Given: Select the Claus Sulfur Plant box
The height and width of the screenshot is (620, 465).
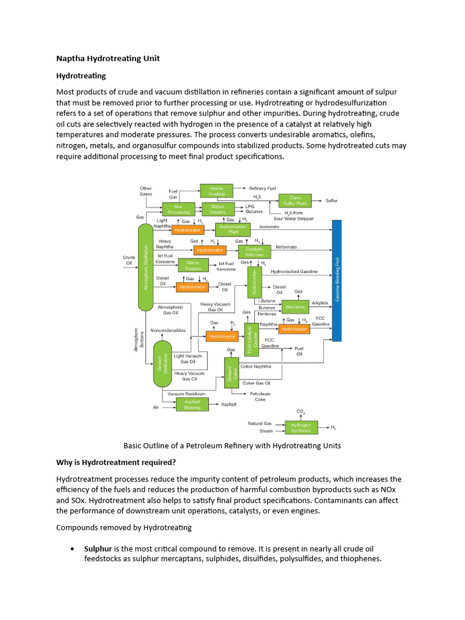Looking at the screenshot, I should [x=295, y=200].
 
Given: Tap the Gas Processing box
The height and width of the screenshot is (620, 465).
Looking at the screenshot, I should [x=178, y=209].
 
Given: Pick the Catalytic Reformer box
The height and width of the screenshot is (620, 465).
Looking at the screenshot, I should [x=254, y=249].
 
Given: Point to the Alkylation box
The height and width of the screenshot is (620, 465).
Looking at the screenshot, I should [x=295, y=307].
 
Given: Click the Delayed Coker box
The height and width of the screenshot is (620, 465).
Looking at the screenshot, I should [x=231, y=373].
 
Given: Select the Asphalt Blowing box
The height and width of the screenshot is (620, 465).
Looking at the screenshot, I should [x=192, y=404].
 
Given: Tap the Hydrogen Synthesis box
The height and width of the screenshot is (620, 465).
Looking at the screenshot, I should [x=301, y=427].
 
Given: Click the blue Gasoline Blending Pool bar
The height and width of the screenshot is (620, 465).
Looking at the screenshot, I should [x=337, y=281].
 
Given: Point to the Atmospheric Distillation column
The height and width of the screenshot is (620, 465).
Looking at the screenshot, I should [x=145, y=267].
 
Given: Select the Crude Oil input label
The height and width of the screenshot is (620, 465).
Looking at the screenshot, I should [x=129, y=260].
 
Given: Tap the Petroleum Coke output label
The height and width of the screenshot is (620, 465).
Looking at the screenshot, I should [x=260, y=397].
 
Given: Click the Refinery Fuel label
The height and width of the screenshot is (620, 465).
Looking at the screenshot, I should [x=262, y=188].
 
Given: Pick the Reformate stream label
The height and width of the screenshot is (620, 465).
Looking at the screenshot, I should [x=286, y=247].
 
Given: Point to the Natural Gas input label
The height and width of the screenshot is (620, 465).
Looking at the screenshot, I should [x=260, y=423].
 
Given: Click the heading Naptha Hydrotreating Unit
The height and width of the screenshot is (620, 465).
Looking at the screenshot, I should [x=108, y=58].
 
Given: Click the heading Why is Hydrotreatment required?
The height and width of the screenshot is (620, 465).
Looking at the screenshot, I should [x=116, y=463].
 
